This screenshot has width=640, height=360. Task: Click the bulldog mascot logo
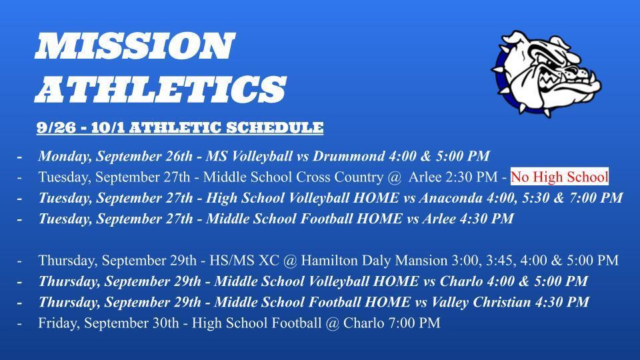[x=546, y=73]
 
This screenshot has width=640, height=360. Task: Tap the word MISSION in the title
[x=135, y=46]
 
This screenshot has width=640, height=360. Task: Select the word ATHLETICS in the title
[x=161, y=89]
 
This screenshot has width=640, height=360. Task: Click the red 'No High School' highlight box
[x=559, y=177]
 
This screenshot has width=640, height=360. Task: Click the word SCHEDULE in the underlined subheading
[x=275, y=127]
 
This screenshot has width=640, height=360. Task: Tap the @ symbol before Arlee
[x=395, y=177]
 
